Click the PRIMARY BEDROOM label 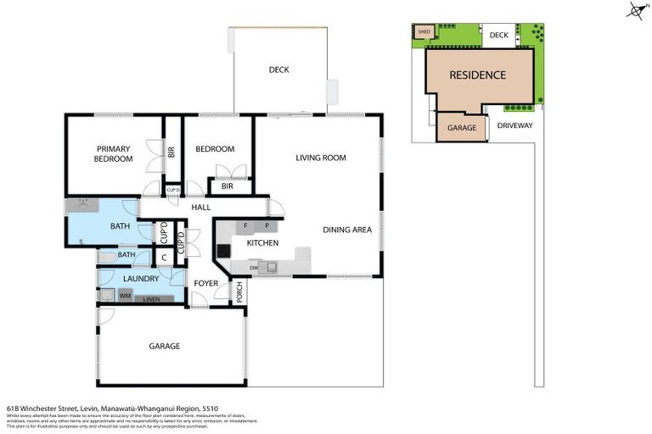pyautogui.click(x=113, y=153)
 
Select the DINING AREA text pyautogui.click(x=347, y=230)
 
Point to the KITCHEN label pyautogui.click(x=262, y=243)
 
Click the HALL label pyautogui.click(x=200, y=206)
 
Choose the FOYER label pyautogui.click(x=205, y=283)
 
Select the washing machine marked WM pyautogui.click(x=125, y=296)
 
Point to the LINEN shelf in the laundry pyautogui.click(x=153, y=298)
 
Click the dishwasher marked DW pyautogui.click(x=254, y=268)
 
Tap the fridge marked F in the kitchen pyautogui.click(x=246, y=226)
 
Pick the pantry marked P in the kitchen pyautogui.click(x=267, y=226)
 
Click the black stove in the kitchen pyautogui.click(x=223, y=250)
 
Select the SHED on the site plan pyautogui.click(x=424, y=32)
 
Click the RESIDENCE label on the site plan pyautogui.click(x=477, y=75)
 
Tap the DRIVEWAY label pyautogui.click(x=514, y=125)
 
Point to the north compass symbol pyautogui.click(x=634, y=10)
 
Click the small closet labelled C pyautogui.click(x=163, y=257)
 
